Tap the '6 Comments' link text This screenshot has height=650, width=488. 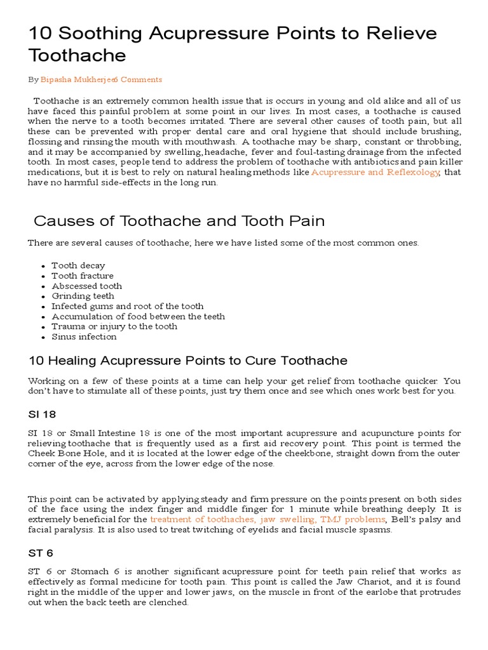[x=138, y=79]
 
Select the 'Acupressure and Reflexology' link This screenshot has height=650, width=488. [x=375, y=173]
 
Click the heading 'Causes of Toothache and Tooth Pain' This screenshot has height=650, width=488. [x=179, y=221]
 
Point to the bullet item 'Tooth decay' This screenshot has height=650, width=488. [x=78, y=265]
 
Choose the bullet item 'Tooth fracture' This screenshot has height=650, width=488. [x=83, y=275]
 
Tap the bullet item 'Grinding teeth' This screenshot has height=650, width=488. [x=83, y=296]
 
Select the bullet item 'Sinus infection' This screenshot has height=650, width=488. [x=84, y=336]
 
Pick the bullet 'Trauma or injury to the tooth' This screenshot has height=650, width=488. [x=114, y=326]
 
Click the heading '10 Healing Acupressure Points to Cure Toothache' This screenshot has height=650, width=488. [x=188, y=361]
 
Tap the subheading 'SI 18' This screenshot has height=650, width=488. [x=42, y=415]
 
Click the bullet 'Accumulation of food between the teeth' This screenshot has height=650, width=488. [x=138, y=316]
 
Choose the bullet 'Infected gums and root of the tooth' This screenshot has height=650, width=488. [x=127, y=306]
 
